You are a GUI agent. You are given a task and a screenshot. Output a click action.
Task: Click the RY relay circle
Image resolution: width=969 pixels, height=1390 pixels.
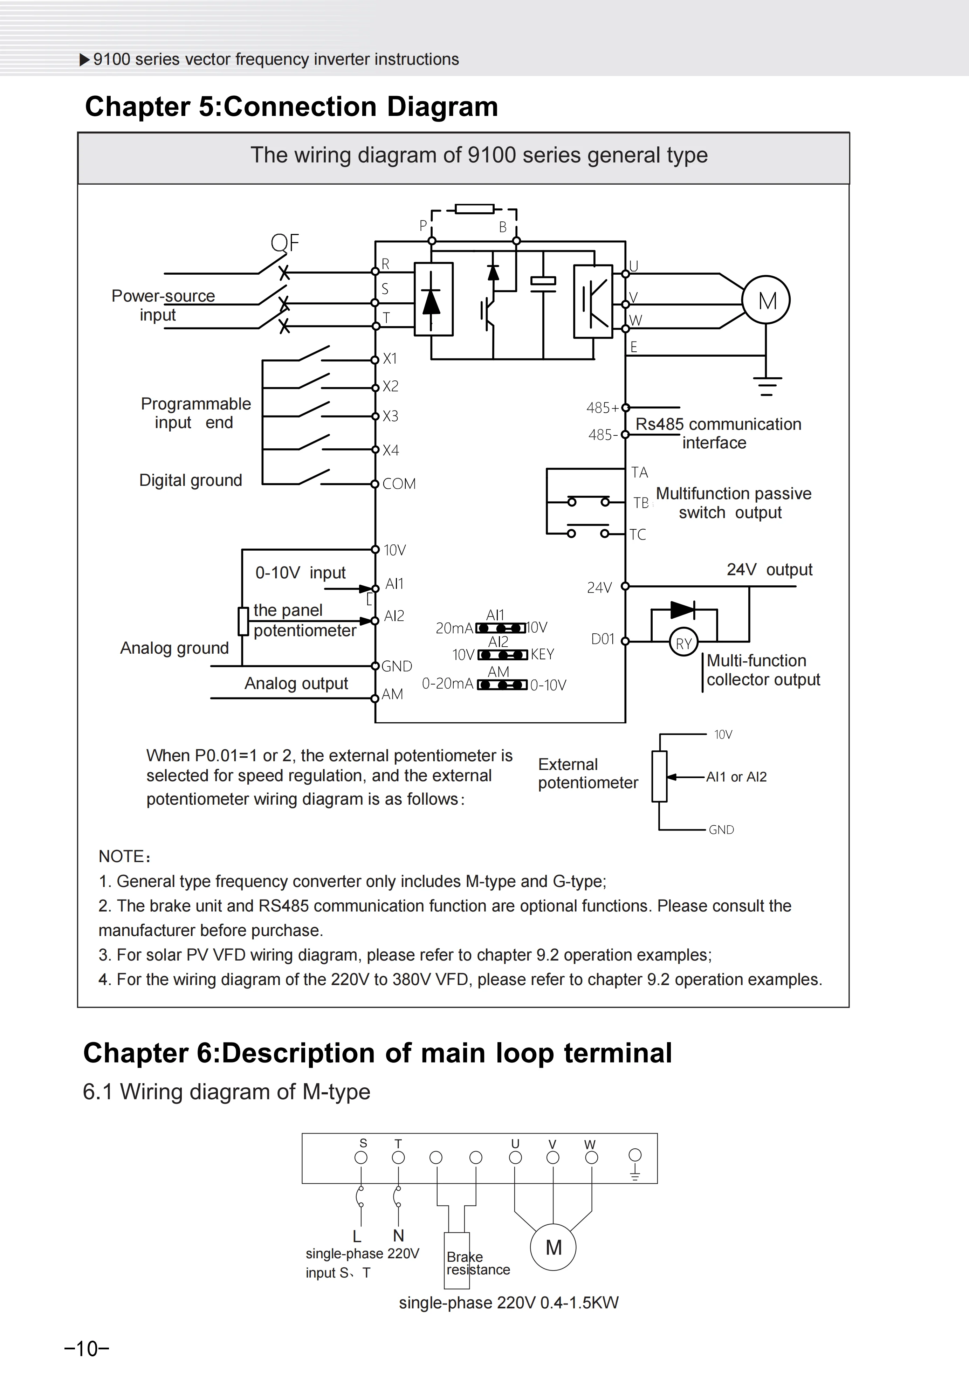click(684, 644)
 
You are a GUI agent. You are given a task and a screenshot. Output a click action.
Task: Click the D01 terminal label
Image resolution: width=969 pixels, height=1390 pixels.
click(603, 639)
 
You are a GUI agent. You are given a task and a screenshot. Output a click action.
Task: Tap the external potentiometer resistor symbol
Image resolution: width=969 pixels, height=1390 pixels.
click(660, 776)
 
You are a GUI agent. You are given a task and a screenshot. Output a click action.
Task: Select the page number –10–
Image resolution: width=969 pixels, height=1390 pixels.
click(87, 1349)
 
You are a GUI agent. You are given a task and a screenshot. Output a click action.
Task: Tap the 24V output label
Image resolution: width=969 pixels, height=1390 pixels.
click(769, 570)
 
